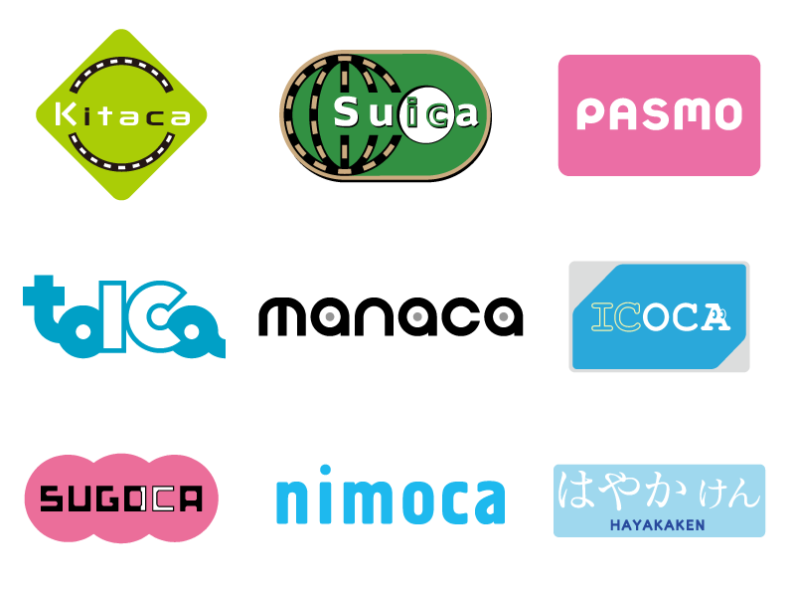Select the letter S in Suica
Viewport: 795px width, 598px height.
346,112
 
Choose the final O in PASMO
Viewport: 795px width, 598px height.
726,115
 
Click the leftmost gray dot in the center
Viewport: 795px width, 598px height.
330,317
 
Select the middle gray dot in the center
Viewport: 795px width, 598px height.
417,317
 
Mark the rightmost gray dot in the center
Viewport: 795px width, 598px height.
504,317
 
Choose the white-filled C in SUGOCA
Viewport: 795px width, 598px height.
158,499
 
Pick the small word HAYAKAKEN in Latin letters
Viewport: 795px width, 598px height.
658,524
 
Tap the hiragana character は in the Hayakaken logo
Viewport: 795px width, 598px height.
578,490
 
